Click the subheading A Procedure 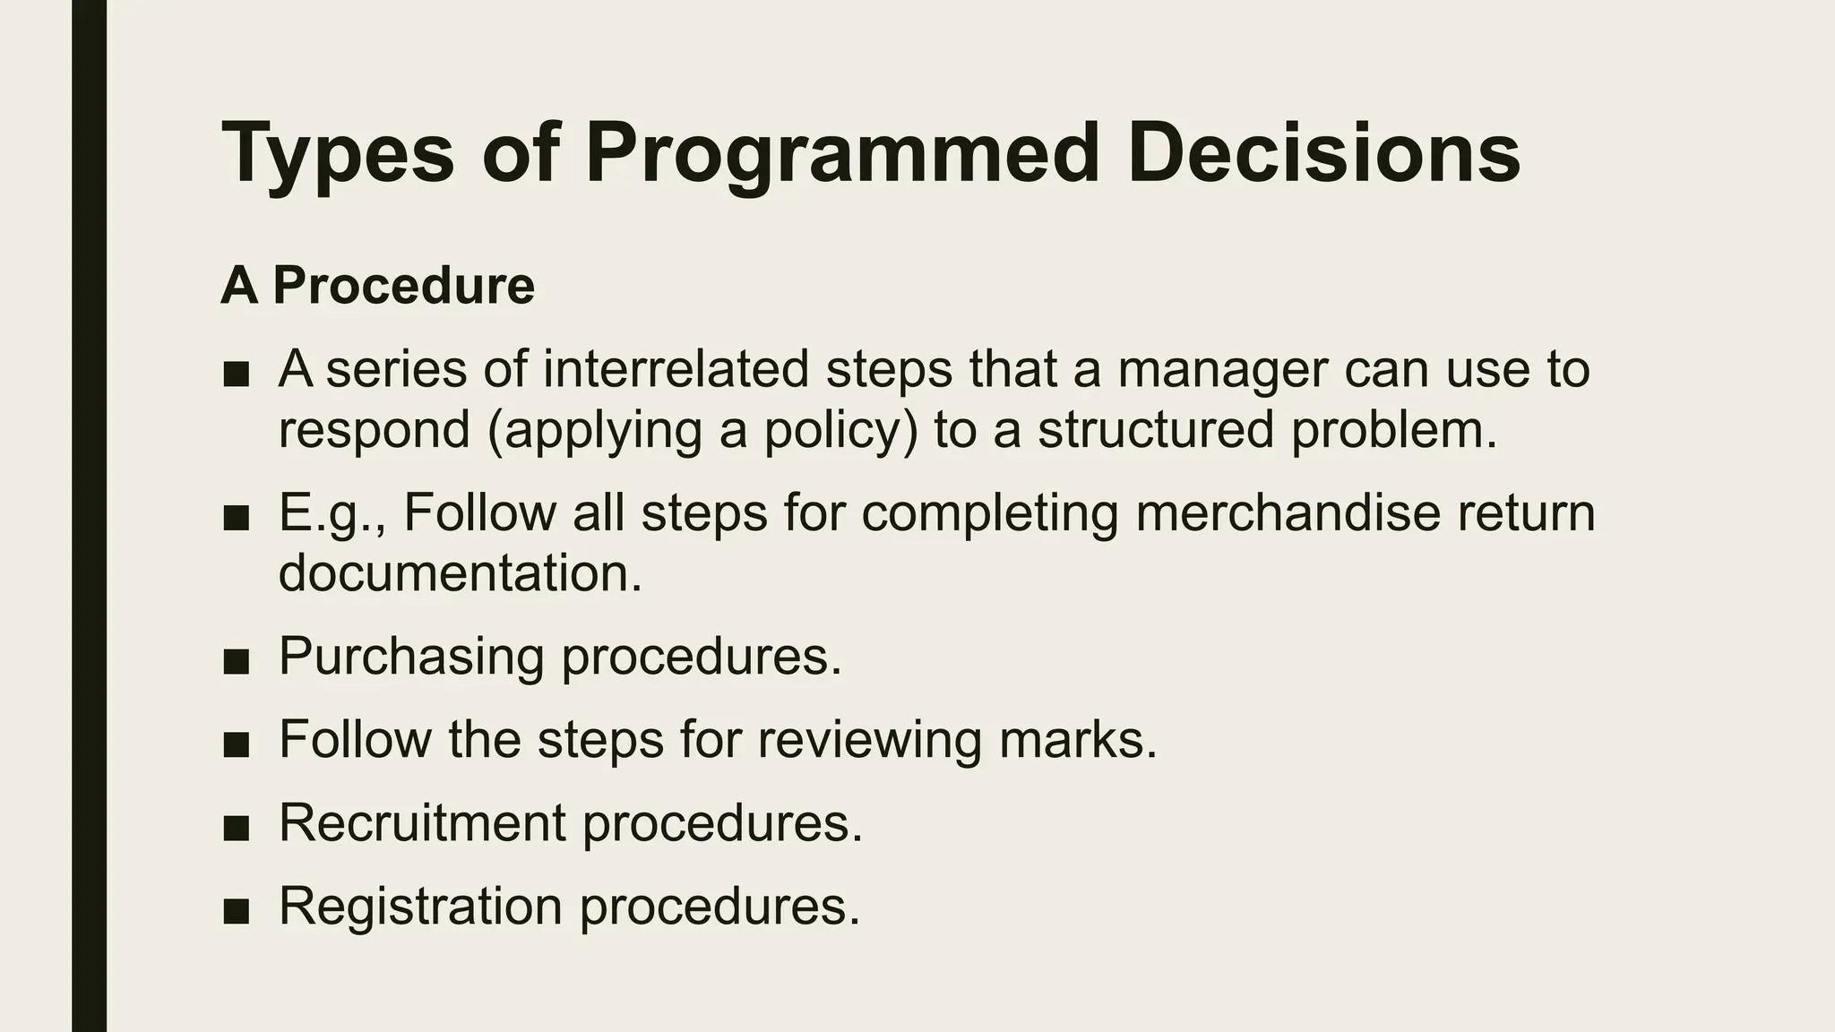point(377,286)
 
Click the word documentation point(460,572)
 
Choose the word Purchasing point(411,656)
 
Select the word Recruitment point(422,822)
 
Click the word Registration point(420,906)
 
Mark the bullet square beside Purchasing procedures point(236,661)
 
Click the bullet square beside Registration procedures point(236,911)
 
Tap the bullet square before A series point(236,374)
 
